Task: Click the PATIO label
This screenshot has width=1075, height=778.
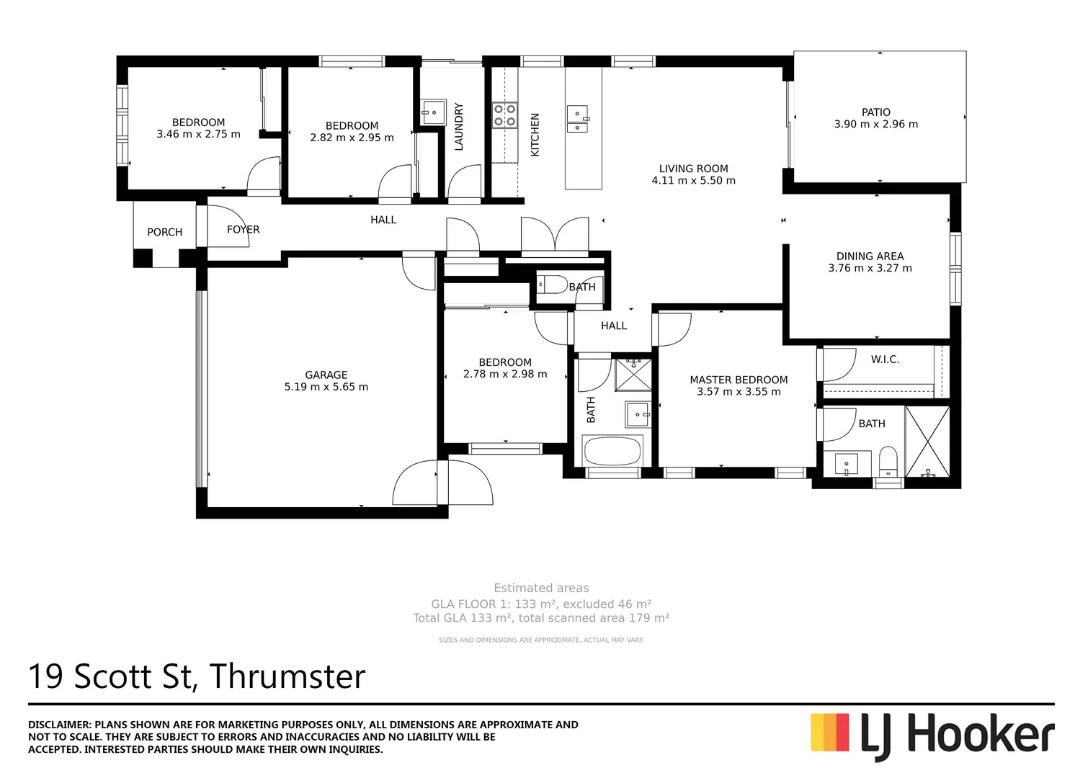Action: point(875,112)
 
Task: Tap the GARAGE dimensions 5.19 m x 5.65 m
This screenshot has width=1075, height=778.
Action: point(326,387)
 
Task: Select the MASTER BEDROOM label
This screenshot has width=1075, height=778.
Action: point(739,380)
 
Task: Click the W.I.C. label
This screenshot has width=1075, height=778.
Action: point(885,359)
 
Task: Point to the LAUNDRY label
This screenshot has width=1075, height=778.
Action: point(459,127)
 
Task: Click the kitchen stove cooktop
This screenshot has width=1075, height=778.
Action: point(504,115)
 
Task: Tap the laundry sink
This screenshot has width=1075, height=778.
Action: point(434,112)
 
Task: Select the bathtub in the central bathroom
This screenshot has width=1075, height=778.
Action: point(612,452)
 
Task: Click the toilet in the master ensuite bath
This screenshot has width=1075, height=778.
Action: point(888,462)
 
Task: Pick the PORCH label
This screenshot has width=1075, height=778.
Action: point(164,232)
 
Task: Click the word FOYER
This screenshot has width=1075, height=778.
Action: point(243,230)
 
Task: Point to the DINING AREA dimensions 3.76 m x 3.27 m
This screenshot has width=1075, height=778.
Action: point(870,268)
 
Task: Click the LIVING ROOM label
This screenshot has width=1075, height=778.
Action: point(693,169)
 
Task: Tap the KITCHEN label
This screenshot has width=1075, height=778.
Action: point(535,135)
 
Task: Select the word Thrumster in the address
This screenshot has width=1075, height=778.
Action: point(287,676)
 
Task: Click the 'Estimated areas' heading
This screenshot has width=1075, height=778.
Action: point(541,588)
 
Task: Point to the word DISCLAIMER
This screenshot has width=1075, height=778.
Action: point(59,725)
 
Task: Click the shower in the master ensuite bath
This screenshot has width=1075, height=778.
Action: point(927,442)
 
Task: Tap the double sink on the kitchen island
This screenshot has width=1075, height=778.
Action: point(578,120)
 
